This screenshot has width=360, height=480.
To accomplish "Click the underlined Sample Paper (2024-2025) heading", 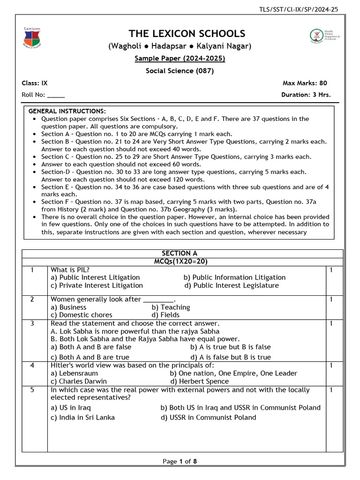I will pos(180,59).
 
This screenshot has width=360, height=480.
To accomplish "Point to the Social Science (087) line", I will pos(180,71).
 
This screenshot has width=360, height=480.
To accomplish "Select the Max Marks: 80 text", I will pos(305,83).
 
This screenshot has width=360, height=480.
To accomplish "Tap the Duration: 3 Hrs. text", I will pos(306,95).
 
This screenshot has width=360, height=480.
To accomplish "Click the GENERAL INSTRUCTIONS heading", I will pos(67,112).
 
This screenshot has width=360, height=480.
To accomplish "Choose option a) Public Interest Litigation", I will pos(95,277).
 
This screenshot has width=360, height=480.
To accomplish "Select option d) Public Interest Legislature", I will pos(231,285).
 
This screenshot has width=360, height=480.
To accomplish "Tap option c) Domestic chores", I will pos(82,315).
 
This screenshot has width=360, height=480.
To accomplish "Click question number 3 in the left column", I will pos(32,323).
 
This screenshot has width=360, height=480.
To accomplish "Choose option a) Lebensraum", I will pos(74,374).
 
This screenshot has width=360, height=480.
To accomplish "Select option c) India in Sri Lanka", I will pos(82,417).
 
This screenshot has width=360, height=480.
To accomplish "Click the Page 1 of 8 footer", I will pos(180,461).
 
